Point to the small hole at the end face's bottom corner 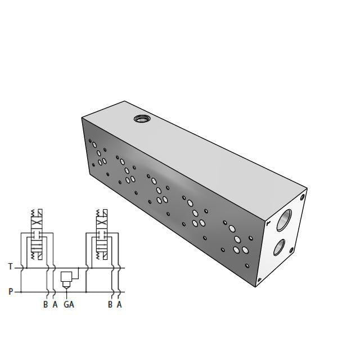pos(259,280)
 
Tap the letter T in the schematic pos(11,267)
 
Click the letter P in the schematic pos(11,292)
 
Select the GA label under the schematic pos(69,305)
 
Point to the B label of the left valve pos(46,305)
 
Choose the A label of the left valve pos(55,305)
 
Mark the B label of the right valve pos(110,305)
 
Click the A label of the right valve pos(119,305)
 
